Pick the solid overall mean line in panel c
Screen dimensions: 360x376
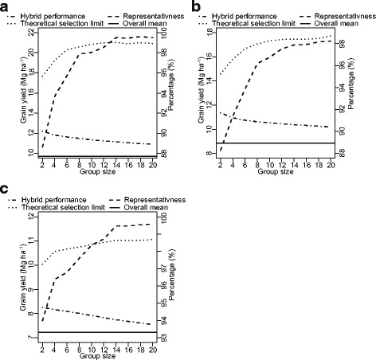point(96,331)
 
